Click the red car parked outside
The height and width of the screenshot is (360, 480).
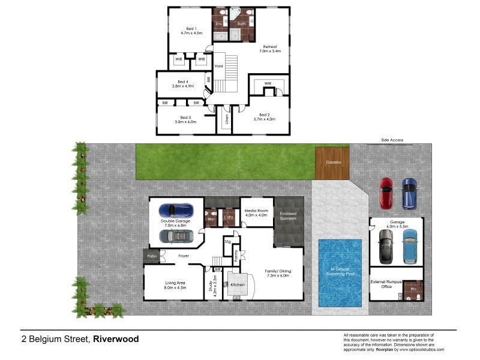386,193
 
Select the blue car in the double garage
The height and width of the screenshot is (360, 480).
176,211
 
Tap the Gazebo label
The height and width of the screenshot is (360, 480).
332,163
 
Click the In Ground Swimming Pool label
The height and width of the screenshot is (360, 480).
340,273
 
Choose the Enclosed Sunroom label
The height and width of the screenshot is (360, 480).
288,216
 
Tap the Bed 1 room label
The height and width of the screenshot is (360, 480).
191,29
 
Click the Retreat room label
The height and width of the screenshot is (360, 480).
269,47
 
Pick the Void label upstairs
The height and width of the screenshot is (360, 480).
219,66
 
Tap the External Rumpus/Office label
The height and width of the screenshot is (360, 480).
381,284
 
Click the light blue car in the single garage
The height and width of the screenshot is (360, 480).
410,246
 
